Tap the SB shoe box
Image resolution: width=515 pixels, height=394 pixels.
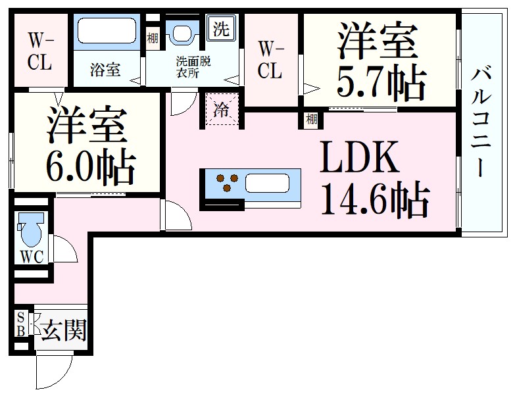(x=20, y=324)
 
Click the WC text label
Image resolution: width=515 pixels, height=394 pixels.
(x=31, y=257)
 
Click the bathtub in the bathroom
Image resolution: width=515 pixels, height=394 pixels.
(x=106, y=32)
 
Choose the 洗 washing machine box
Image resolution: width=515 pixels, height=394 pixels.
(x=222, y=29)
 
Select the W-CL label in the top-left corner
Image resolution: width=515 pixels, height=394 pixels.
(x=39, y=52)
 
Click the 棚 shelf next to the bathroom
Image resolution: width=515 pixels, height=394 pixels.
(x=152, y=38)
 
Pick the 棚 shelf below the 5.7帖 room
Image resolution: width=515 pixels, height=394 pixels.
(x=311, y=119)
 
